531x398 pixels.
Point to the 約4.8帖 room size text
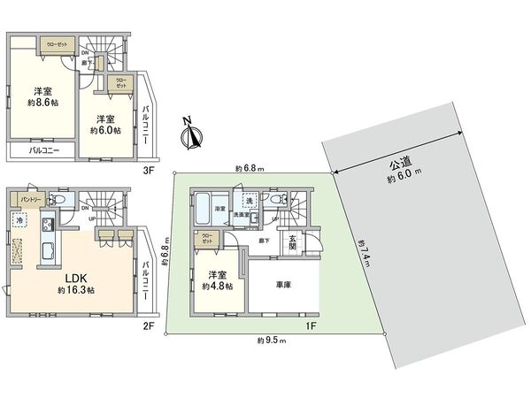(x=217, y=286)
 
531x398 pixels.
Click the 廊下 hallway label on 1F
(x=263, y=240)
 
